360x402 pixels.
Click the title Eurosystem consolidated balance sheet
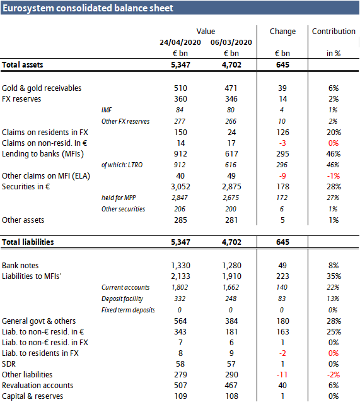(88, 8)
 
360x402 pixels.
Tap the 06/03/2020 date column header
(231, 42)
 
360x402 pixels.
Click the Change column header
(282, 31)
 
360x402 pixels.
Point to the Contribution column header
(334, 31)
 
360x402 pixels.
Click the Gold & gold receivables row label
(42, 88)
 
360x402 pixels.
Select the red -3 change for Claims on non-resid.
(282, 143)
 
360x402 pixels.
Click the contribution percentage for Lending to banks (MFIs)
(334, 153)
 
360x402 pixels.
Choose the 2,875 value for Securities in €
(231, 187)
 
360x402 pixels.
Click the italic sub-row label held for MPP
(119, 198)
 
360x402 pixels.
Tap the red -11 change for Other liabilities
(282, 374)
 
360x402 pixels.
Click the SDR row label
(10, 363)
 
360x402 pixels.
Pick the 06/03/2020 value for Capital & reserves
(231, 396)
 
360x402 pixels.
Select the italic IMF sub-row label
(108, 110)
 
